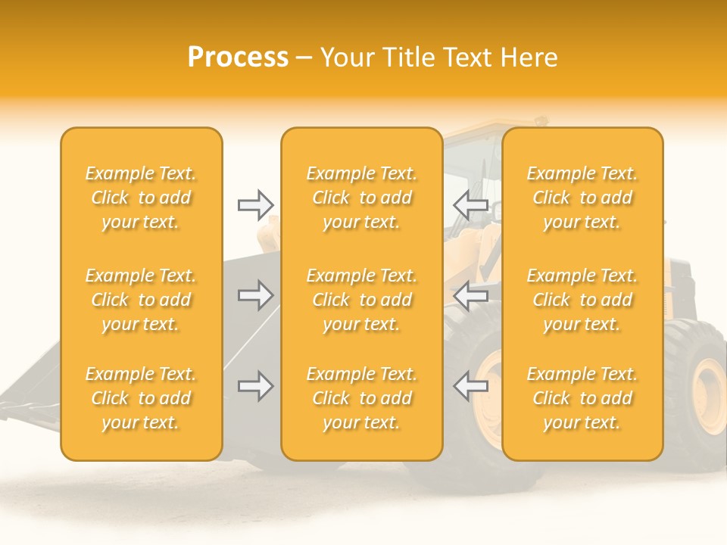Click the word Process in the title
click(238, 58)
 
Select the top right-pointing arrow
click(255, 204)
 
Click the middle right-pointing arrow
click(255, 295)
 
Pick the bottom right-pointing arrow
click(255, 386)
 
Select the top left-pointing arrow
click(470, 204)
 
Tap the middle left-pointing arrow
click(470, 295)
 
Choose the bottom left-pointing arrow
click(470, 386)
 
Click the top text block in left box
click(141, 198)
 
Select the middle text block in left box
click(141, 300)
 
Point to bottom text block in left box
click(141, 398)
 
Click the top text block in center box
click(362, 198)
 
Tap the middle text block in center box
click(362, 300)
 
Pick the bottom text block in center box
click(362, 398)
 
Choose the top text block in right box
click(582, 198)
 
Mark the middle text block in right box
click(582, 300)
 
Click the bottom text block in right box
click(582, 398)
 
